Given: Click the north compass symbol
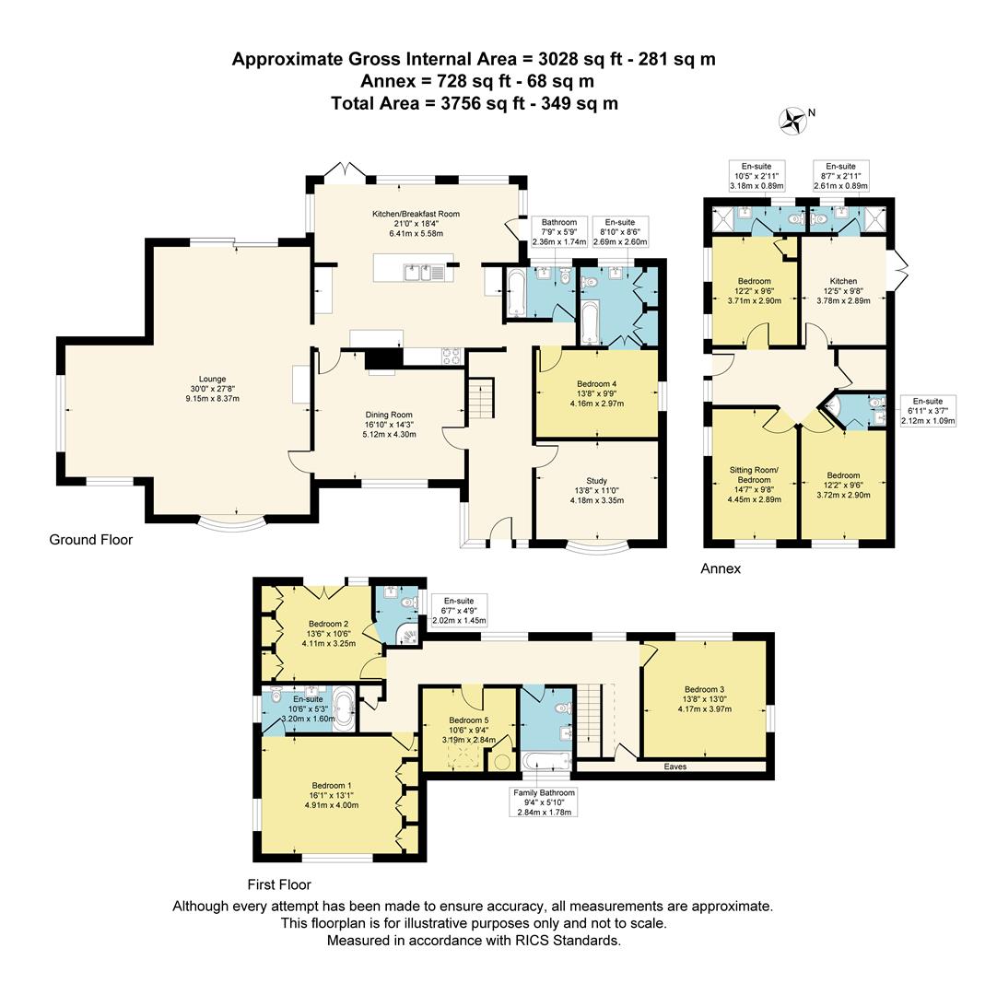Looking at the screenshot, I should [792, 118].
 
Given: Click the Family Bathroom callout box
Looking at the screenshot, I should [545, 802].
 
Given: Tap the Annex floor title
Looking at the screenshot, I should [721, 568].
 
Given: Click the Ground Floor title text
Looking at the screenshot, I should [90, 540].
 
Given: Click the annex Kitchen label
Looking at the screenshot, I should [843, 281].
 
